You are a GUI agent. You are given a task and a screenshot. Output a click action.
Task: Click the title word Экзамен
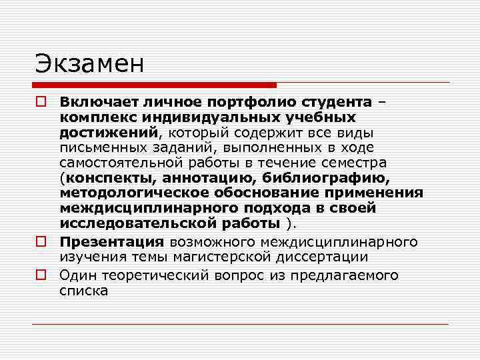(x=89, y=65)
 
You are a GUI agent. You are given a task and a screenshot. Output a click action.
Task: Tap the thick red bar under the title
(x=154, y=85)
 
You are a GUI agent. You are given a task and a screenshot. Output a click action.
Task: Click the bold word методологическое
(x=134, y=193)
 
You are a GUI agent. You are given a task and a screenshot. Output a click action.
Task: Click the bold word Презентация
(x=111, y=241)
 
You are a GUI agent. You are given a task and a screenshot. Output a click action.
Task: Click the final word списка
(x=83, y=291)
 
